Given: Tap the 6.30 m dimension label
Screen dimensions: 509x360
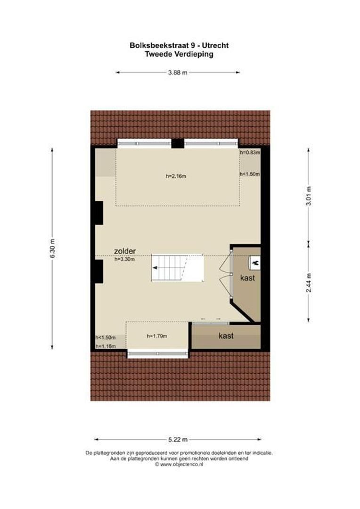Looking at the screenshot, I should coord(52,247).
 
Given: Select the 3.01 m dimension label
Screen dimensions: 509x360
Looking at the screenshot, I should coord(308,195).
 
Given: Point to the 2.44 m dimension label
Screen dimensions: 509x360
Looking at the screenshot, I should coord(308,282).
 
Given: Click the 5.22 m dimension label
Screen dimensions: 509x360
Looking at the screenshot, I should coord(178,439).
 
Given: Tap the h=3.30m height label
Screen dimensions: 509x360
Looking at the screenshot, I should coord(125,259).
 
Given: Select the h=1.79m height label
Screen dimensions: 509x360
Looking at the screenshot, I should coord(157,336).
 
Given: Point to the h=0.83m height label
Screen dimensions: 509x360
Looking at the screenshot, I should coord(250,153).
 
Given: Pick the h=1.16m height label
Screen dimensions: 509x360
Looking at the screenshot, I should coord(106,346).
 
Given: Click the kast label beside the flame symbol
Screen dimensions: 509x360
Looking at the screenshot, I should coord(247,278).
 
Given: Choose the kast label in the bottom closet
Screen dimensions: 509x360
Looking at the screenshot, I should coord(226,336).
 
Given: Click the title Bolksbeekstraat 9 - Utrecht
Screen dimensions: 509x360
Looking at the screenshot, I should coord(179,46).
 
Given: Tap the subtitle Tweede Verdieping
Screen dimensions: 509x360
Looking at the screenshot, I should coord(179,54).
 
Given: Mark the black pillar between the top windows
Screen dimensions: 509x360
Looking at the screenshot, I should coord(178,143).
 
